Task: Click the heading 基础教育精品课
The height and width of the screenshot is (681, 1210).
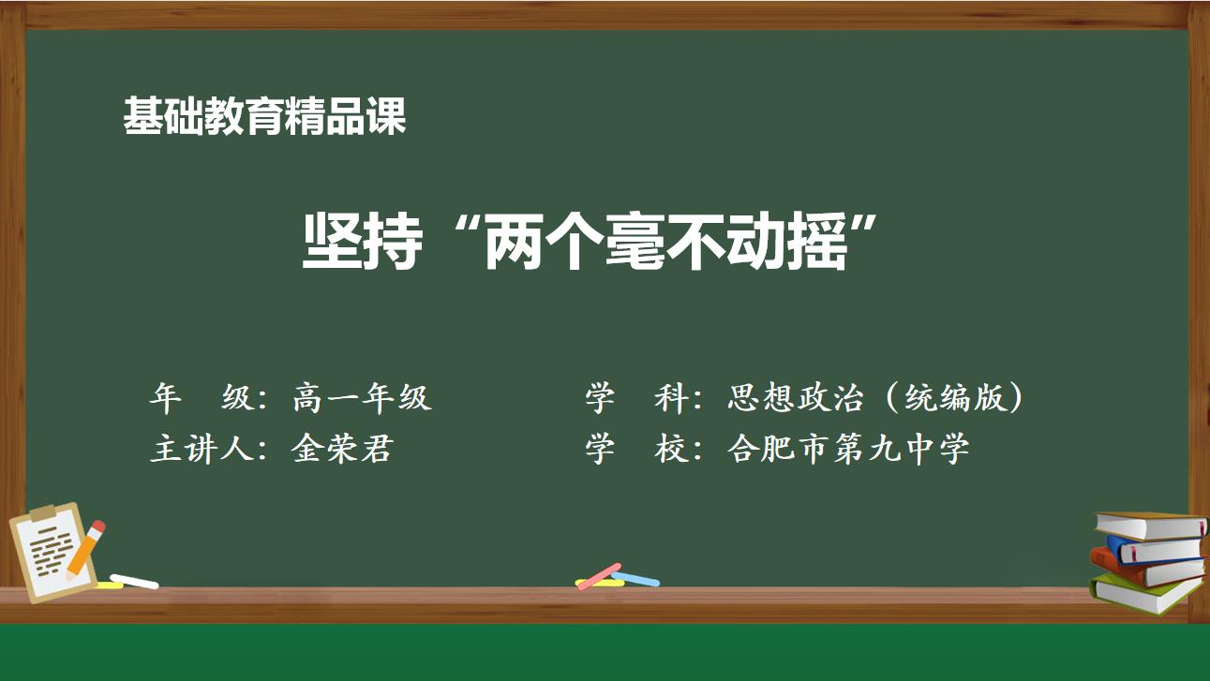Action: click(264, 116)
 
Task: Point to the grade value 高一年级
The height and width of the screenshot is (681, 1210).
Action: click(362, 398)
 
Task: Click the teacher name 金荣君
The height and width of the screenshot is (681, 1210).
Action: click(342, 450)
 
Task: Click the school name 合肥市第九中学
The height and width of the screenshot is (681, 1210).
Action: click(848, 450)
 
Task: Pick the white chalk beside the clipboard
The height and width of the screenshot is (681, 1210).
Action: click(134, 582)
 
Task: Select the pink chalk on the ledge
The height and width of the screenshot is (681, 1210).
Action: click(599, 576)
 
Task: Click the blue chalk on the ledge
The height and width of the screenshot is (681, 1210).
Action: click(636, 580)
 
